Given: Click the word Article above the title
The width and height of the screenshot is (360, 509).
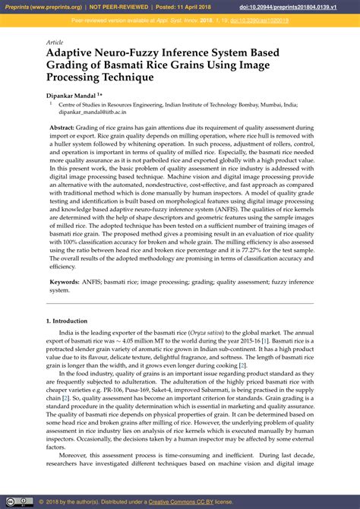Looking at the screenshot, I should pyautogui.click(x=55, y=43).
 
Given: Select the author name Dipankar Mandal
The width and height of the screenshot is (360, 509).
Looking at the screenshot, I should pyautogui.click(x=71, y=93).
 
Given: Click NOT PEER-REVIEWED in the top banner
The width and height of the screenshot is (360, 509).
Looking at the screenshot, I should pyautogui.click(x=117, y=7).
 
